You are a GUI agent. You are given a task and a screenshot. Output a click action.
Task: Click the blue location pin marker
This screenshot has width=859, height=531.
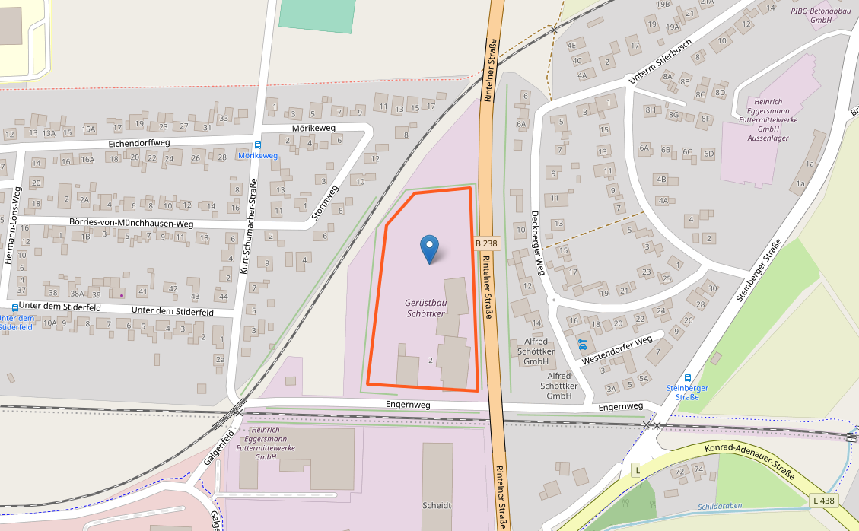430,249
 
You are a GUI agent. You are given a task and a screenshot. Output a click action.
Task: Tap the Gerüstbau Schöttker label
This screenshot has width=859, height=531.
425,307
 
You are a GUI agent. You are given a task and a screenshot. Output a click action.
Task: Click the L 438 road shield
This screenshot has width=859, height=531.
823,501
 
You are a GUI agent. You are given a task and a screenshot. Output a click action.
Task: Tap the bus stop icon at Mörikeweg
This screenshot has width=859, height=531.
258,145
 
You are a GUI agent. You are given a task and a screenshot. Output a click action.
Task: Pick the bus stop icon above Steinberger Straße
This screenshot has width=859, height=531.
688,377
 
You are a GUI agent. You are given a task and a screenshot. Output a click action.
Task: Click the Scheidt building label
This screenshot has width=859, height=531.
437,505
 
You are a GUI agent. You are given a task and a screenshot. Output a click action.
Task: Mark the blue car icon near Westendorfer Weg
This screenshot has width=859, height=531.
583,344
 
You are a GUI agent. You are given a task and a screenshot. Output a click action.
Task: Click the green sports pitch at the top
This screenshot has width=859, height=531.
317,16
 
